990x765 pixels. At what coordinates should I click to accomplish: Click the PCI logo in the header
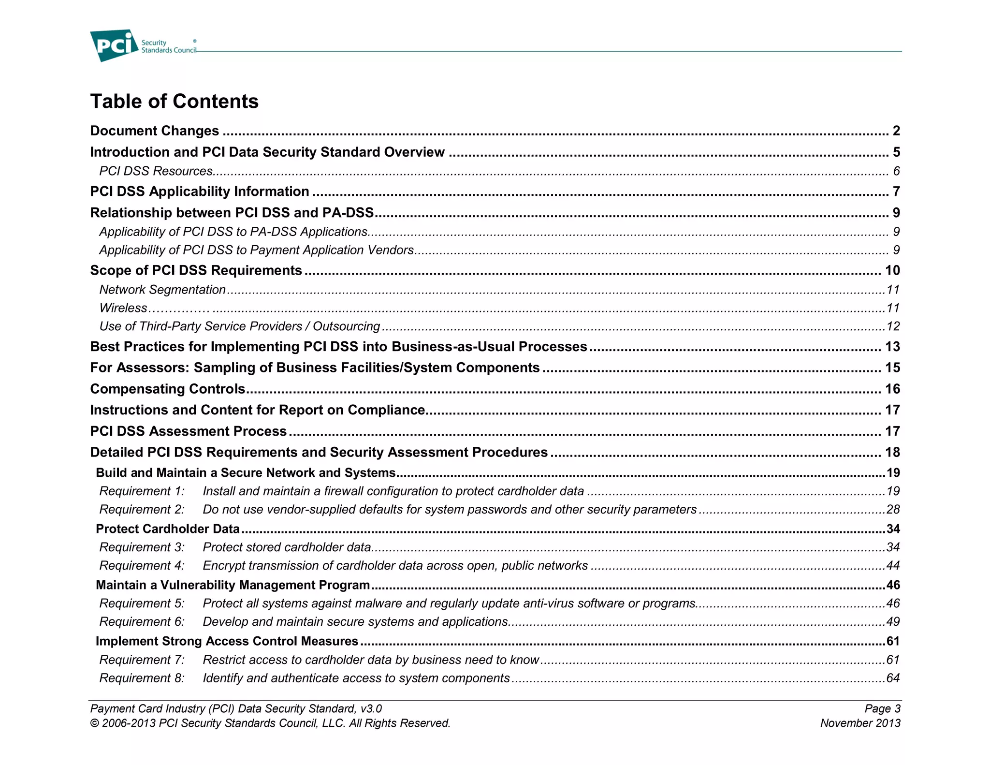(114, 45)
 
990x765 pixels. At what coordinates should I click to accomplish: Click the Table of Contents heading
(174, 102)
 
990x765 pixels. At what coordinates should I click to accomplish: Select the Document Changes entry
(154, 131)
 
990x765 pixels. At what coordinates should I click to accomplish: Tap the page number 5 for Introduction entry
(896, 152)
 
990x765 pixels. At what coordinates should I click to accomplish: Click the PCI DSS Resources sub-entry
(156, 171)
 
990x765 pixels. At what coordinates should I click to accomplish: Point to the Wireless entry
(123, 308)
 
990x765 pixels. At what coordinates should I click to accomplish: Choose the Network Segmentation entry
(162, 290)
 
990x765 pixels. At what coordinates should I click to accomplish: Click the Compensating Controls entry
(168, 389)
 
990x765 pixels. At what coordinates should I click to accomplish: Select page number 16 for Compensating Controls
(892, 389)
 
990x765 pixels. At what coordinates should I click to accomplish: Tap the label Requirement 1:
(142, 491)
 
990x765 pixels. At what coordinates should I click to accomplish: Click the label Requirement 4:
(142, 566)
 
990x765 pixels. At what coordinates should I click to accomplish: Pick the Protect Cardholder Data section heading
(168, 529)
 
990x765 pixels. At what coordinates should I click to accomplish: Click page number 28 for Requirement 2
(893, 510)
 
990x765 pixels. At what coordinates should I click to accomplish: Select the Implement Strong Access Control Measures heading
(227, 641)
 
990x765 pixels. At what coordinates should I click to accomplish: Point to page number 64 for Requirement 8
(893, 678)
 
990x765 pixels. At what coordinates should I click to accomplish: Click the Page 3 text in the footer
(882, 709)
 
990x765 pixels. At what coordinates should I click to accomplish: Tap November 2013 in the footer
(860, 723)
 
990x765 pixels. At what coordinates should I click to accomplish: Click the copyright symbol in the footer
(94, 723)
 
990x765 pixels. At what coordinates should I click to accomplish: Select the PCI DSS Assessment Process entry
(189, 431)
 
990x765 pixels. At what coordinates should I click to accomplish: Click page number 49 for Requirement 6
(893, 622)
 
